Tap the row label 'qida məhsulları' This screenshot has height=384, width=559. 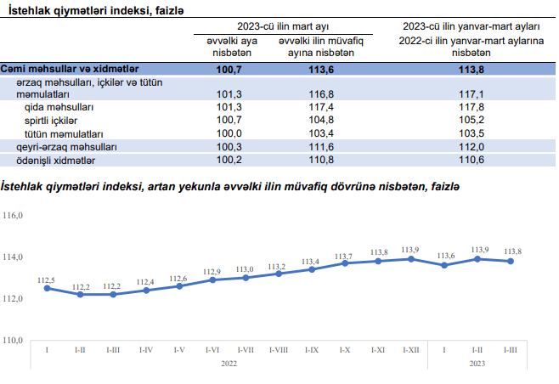coord(60,108)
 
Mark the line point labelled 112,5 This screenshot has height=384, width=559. coord(47,288)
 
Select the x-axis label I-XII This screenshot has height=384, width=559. coord(410,349)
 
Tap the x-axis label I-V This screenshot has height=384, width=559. coord(179,349)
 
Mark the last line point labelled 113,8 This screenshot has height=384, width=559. coord(511,261)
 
